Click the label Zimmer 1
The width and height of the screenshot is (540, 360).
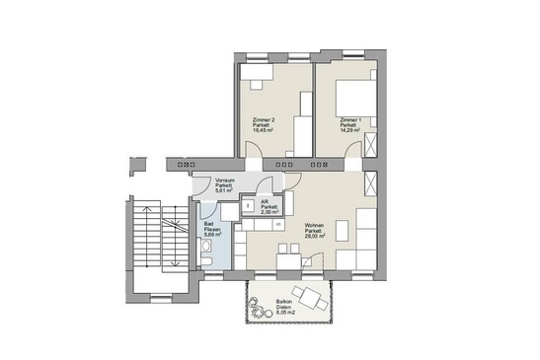pos(347,119)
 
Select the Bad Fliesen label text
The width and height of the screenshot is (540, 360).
pos(210,227)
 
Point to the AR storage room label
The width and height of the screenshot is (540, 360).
pos(270,201)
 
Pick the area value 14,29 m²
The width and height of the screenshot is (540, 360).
pos(347,131)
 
